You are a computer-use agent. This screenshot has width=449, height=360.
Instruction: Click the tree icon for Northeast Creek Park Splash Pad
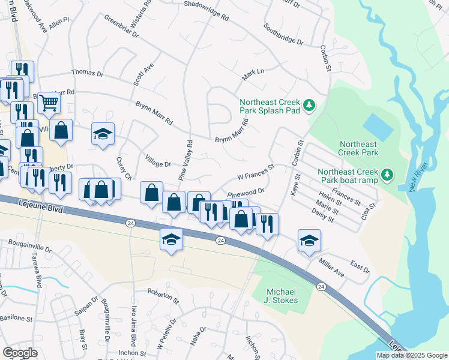coord(309,106)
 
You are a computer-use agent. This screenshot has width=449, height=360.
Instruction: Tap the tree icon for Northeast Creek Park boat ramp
coord(388,175)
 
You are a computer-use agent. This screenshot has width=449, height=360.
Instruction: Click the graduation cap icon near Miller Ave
coord(309,240)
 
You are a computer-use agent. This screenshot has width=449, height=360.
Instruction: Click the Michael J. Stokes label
coord(282,296)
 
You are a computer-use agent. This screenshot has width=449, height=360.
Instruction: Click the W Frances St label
coord(256,172)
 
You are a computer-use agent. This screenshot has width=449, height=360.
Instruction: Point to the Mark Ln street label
coord(253,75)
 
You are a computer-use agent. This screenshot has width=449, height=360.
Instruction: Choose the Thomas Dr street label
coord(88,73)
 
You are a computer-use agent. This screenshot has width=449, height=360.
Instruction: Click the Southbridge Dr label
coord(283,34)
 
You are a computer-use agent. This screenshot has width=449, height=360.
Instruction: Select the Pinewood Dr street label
coord(246,193)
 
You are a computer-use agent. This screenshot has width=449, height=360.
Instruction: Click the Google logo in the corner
coord(20,353)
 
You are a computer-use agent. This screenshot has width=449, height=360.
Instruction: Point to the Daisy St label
coord(323,218)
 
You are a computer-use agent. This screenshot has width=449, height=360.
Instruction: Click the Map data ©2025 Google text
coord(411,355)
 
